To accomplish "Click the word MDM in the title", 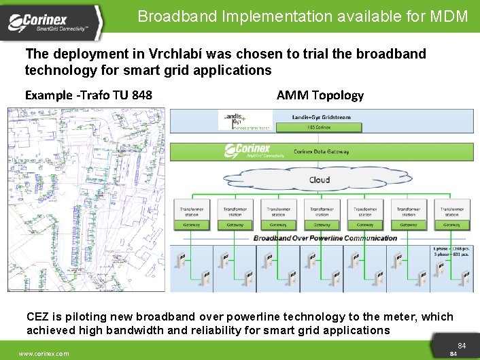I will [x=449, y=16].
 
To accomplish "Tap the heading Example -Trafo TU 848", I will [x=88, y=95].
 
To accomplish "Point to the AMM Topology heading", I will [x=320, y=95].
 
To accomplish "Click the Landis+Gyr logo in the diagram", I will [x=235, y=120].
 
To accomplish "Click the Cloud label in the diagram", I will [x=319, y=180].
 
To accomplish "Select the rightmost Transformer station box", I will [x=451, y=212].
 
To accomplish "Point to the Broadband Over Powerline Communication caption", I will [x=325, y=238].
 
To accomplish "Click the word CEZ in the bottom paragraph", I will [x=38, y=316].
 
